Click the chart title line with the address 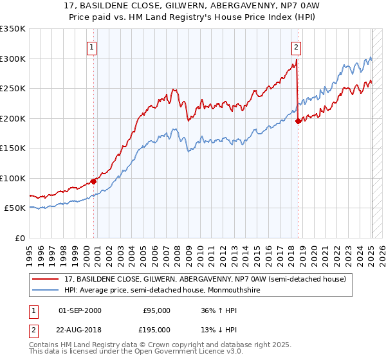192,6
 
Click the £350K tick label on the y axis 13,29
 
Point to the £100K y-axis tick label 13,178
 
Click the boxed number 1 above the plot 93,47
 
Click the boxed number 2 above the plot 295,47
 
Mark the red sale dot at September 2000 94,181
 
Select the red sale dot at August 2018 297,121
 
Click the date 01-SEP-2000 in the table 80,310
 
